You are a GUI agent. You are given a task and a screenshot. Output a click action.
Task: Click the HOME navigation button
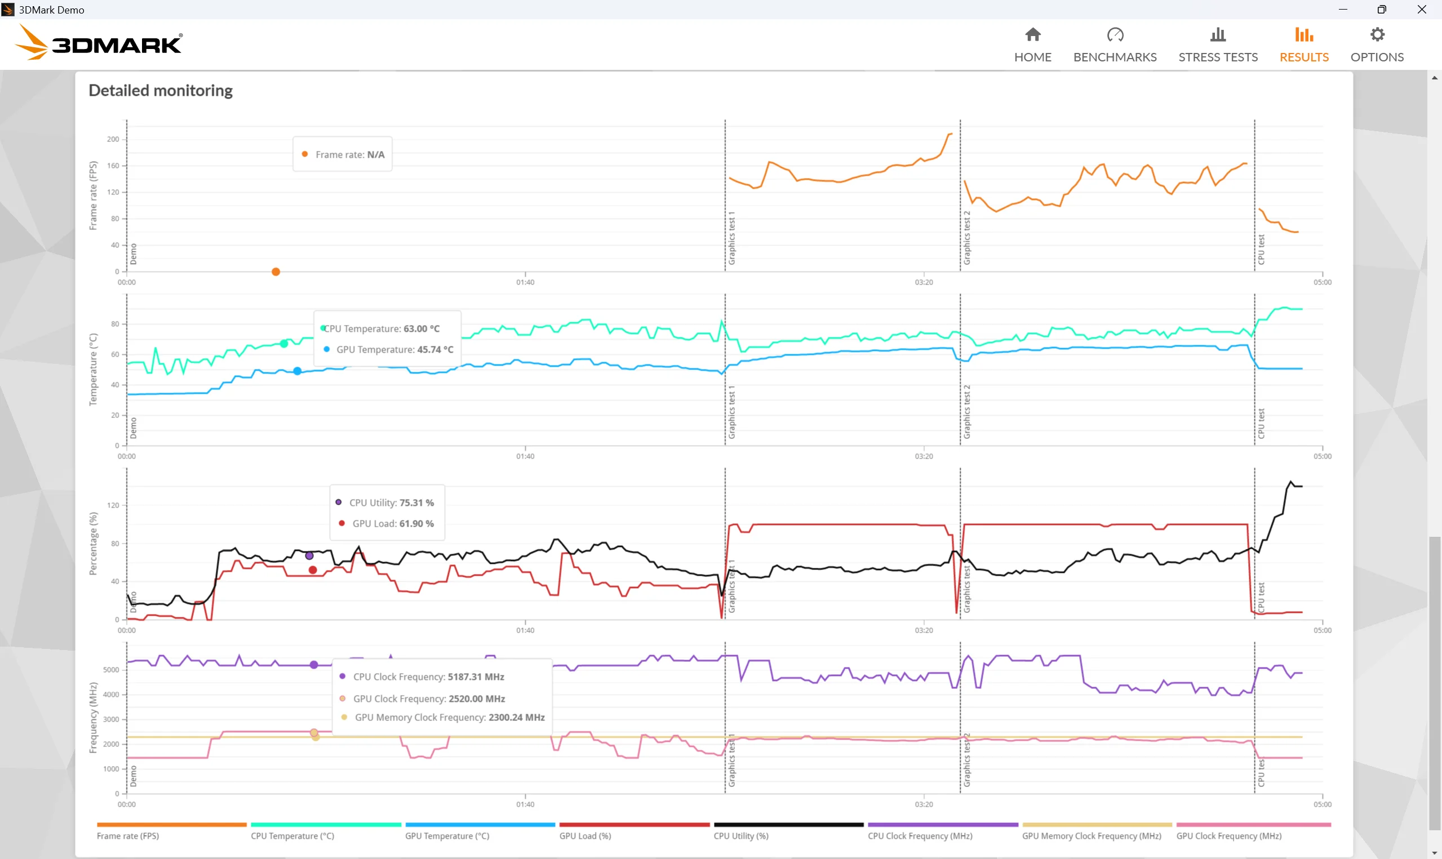tap(1032, 45)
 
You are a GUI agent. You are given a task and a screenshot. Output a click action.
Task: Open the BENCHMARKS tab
tap(1115, 45)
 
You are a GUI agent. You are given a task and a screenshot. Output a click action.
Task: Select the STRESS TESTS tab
tap(1217, 45)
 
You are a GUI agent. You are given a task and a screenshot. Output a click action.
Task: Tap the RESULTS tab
tap(1303, 45)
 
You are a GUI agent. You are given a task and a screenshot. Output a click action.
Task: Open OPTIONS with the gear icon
tap(1377, 45)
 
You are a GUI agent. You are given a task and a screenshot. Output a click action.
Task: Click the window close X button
tap(1421, 9)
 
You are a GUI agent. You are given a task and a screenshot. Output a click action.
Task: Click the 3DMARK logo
tap(99, 43)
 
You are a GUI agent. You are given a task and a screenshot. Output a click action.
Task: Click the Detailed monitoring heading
tap(161, 90)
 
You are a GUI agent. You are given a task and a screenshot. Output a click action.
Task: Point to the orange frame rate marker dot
tap(276, 272)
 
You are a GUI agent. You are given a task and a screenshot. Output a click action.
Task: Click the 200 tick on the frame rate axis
tap(113, 139)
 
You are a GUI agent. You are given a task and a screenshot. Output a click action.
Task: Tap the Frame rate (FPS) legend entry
tap(128, 835)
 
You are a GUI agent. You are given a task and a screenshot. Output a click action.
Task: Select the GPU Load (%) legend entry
tap(585, 835)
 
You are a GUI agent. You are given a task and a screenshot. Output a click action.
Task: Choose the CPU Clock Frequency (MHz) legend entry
tap(920, 835)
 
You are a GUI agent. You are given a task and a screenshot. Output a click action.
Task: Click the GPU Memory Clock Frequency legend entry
tap(1091, 835)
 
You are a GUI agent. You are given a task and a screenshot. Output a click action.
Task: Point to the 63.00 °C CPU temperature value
tap(421, 329)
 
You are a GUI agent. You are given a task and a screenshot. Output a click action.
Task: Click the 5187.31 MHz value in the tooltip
tap(476, 676)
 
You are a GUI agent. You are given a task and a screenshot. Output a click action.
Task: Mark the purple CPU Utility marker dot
tap(309, 556)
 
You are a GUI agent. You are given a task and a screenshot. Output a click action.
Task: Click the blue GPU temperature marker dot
tap(297, 371)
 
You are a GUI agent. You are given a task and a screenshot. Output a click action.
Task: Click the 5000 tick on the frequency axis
tap(110, 670)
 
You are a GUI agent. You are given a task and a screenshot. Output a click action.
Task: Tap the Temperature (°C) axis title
tap(92, 370)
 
